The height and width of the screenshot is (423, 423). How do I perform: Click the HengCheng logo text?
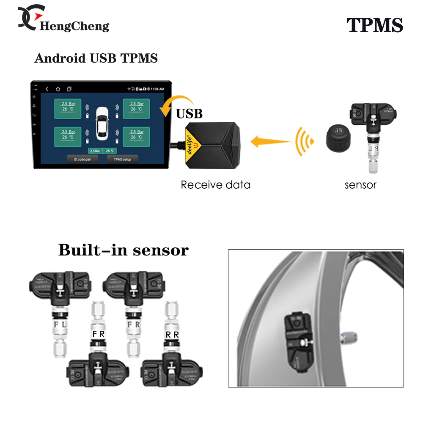tap(74, 26)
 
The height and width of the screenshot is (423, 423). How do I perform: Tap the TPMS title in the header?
tap(375, 25)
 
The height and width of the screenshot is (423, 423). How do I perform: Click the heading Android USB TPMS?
tap(96, 58)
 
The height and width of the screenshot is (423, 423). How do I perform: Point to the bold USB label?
tap(189, 113)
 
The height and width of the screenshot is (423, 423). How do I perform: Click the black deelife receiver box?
tap(211, 144)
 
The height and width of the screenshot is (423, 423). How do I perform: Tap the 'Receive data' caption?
tap(215, 185)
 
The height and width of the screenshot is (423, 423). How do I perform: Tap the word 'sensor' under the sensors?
tap(360, 185)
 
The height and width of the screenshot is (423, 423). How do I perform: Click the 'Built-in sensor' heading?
tap(123, 250)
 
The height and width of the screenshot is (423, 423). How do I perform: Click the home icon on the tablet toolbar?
tap(58, 89)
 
